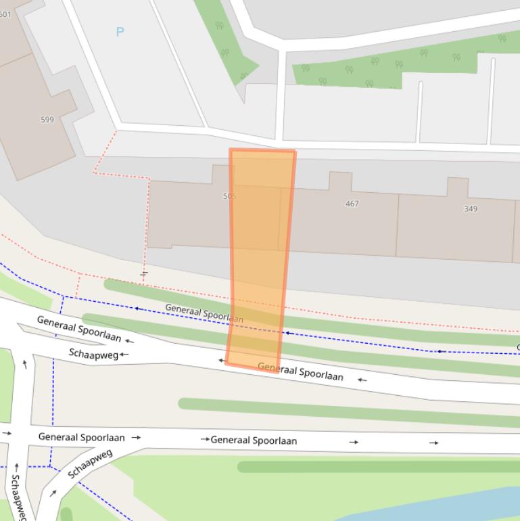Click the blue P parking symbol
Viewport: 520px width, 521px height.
pyautogui.click(x=120, y=32)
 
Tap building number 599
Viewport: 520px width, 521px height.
pyautogui.click(x=47, y=120)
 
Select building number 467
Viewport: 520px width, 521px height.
pyautogui.click(x=352, y=204)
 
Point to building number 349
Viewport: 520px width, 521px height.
pyautogui.click(x=471, y=209)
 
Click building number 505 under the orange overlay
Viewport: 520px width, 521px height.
pyautogui.click(x=229, y=196)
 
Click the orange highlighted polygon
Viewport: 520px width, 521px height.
pyautogui.click(x=260, y=257)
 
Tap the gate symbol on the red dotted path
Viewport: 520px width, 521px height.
pyautogui.click(x=144, y=273)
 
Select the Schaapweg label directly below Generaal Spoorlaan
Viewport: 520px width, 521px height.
pyautogui.click(x=93, y=353)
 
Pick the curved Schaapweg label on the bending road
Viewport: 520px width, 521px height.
pyautogui.click(x=90, y=463)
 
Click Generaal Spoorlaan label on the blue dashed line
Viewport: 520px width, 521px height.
pyautogui.click(x=204, y=313)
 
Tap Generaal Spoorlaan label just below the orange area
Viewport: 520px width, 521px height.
pyautogui.click(x=300, y=371)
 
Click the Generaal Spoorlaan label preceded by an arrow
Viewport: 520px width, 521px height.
pyautogui.click(x=254, y=440)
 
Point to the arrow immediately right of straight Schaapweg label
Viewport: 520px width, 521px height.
pyautogui.click(x=124, y=355)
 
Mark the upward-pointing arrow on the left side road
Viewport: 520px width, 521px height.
pyautogui.click(x=25, y=364)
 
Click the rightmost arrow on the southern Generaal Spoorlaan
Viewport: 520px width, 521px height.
pyautogui.click(x=433, y=443)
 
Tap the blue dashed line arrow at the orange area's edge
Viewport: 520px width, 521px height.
pyautogui.click(x=288, y=333)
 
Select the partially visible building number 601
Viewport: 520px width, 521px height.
pyautogui.click(x=5, y=14)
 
